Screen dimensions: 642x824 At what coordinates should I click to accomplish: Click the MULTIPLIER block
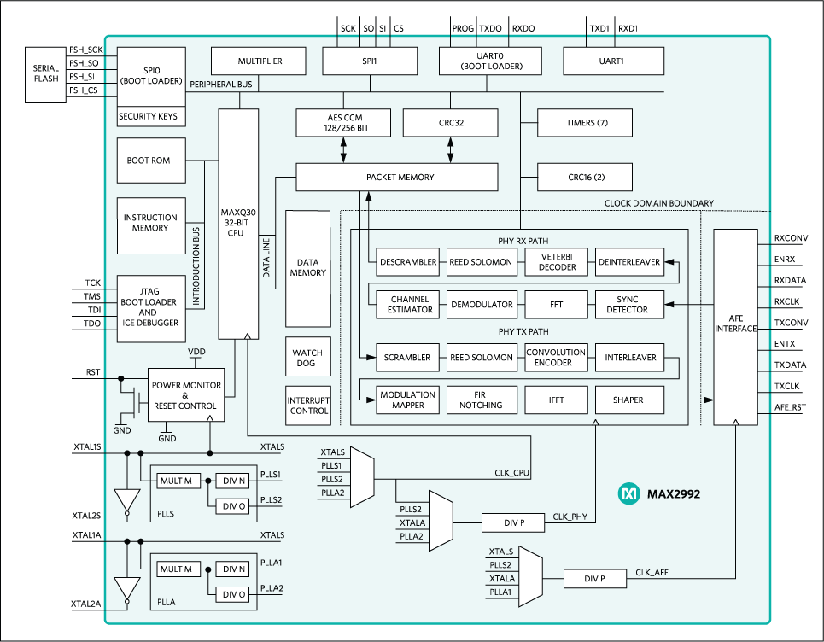coord(259,61)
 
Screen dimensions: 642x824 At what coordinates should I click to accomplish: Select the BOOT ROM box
coord(149,160)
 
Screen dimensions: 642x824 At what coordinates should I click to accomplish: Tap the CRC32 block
coord(450,123)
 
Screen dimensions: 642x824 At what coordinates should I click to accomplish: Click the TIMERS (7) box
coord(584,123)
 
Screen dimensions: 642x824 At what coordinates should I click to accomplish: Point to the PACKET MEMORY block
coord(396,178)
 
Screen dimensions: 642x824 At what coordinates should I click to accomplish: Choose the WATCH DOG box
coord(307,358)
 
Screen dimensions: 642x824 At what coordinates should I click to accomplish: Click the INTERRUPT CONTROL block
coord(307,406)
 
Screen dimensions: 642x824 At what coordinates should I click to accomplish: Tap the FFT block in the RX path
coord(555,305)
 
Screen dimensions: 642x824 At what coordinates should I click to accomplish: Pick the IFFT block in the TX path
coord(555,400)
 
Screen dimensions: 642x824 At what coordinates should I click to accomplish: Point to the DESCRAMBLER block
coord(408,262)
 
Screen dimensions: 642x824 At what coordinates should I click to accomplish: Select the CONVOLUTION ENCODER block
coord(555,358)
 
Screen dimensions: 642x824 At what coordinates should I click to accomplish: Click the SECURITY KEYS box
coord(149,116)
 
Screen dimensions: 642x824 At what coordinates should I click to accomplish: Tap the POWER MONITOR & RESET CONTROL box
coord(186,395)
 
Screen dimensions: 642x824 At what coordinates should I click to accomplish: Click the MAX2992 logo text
coord(673,493)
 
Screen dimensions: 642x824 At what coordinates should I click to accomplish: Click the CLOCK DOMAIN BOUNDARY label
coord(658,203)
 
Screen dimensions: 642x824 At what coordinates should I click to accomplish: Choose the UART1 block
coord(613,61)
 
